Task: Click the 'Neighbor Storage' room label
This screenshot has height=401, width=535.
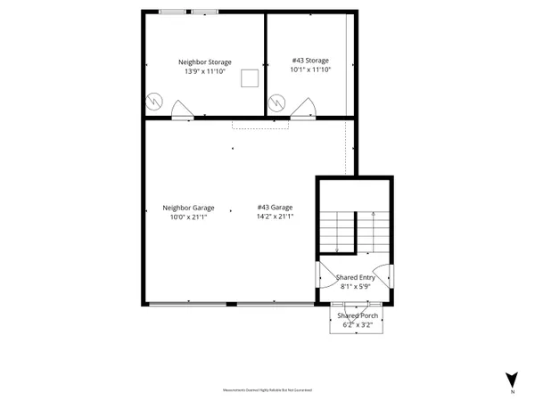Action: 208,61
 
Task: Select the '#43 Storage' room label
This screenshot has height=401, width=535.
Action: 310,61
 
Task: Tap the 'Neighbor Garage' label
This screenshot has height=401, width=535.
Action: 188,208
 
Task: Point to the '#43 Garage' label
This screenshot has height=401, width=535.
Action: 275,208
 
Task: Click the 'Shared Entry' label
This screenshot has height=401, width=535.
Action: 355,278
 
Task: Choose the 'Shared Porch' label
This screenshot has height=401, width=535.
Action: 355,315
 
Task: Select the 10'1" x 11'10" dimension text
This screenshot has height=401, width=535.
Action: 310,70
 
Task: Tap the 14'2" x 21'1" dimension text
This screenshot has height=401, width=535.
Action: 275,217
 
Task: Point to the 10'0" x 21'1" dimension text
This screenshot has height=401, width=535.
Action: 188,217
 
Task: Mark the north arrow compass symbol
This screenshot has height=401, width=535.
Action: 512,379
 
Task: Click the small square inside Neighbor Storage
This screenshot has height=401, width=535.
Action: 252,78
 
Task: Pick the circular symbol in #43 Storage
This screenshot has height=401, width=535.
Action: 278,103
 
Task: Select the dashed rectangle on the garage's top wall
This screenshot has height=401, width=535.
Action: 261,123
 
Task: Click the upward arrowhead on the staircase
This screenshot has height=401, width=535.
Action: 372,214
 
